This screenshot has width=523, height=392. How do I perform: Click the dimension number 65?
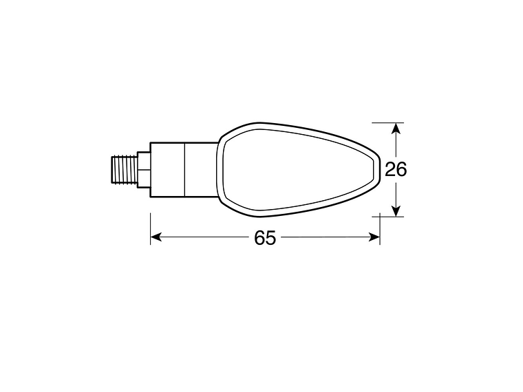(x=265, y=237)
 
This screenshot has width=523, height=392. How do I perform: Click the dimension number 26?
(x=396, y=169)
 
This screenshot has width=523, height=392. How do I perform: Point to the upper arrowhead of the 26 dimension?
(x=396, y=129)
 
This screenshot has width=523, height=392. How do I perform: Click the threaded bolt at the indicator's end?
(x=124, y=168)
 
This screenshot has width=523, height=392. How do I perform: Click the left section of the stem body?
(x=167, y=168)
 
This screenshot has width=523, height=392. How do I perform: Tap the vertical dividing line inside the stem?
(x=185, y=168)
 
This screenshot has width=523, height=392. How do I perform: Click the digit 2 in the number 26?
(x=390, y=169)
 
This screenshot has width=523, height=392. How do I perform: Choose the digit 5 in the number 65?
(x=270, y=237)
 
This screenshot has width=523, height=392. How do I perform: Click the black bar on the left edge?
(x=32, y=196)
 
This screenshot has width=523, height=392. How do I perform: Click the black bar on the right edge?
(x=490, y=196)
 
